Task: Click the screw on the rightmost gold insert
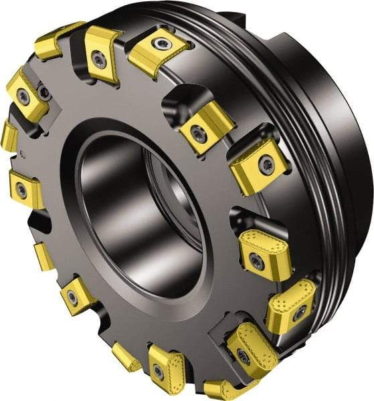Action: pos(300,311)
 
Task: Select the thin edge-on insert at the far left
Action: pos(9,136)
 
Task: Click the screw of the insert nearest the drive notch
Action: pos(159,44)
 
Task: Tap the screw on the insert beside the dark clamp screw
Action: pos(23,96)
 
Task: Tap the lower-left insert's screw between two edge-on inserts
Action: pos(72,298)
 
